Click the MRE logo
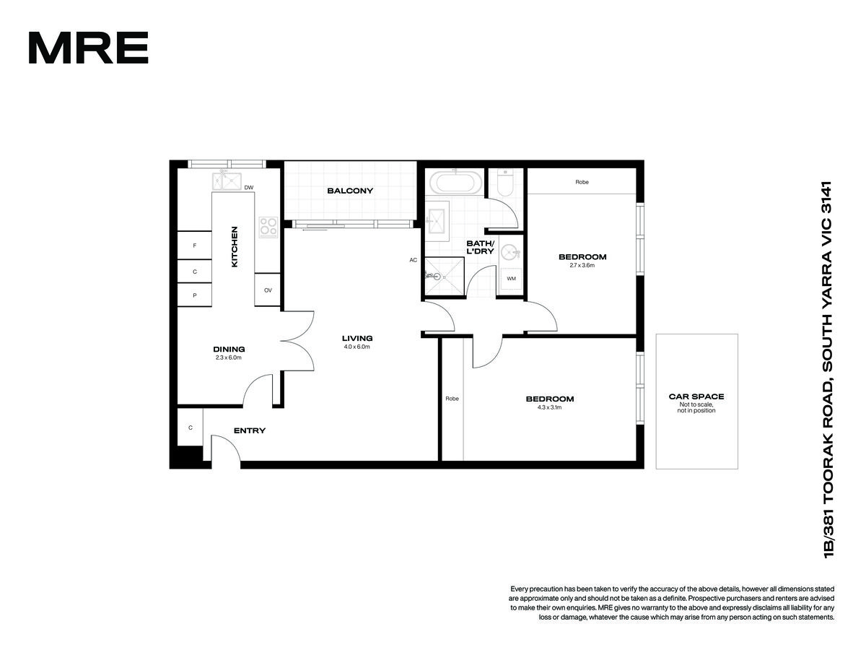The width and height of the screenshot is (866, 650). coord(88,48)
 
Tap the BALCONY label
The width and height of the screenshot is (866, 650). coord(350,191)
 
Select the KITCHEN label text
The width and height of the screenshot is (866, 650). coord(235,247)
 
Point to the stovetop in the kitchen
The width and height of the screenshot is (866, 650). coord(268,227)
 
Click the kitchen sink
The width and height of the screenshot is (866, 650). coord(227,181)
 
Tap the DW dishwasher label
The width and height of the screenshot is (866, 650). coord(248,188)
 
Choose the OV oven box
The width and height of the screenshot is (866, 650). coord(268,290)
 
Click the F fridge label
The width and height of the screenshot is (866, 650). coord(195,246)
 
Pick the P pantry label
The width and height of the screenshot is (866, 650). coord(195,295)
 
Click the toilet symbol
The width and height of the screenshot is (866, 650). coord(505,183)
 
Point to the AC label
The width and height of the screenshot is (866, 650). coord(413,260)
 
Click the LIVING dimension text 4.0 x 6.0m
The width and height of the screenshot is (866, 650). coord(357,347)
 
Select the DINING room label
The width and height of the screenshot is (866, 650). coord(229,350)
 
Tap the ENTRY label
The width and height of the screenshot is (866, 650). coord(250,430)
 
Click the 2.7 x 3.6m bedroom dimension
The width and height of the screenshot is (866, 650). coord(582,265)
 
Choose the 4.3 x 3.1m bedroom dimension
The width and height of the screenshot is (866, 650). coord(549,407)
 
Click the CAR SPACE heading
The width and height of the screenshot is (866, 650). coord(696,396)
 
